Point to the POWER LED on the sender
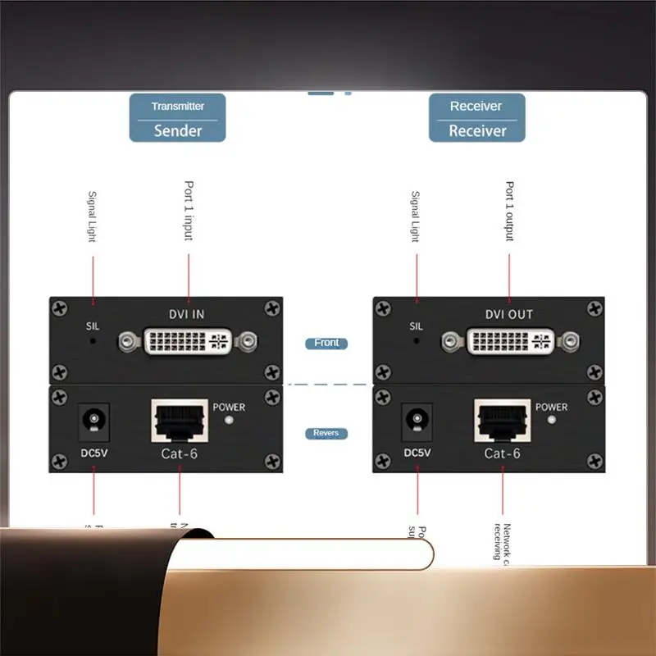(x=229, y=421)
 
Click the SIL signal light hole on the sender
(x=93, y=340)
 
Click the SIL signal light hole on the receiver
(x=417, y=340)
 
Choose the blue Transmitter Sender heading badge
(x=177, y=118)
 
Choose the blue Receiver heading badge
(x=476, y=118)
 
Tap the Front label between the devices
(x=326, y=343)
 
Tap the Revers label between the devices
(x=326, y=433)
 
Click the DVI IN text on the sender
(x=187, y=314)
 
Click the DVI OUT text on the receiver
(x=508, y=314)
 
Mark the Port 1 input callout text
(x=189, y=211)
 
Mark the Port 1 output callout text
(x=509, y=212)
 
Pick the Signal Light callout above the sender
(x=92, y=216)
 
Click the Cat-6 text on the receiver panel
(x=503, y=453)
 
